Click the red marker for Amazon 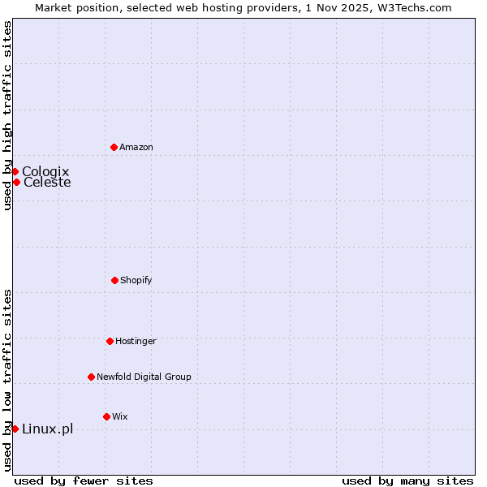(x=114, y=147)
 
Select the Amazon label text (x=136, y=147)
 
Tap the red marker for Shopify (x=114, y=280)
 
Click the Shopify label (x=136, y=280)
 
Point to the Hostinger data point (x=110, y=341)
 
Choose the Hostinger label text (x=136, y=341)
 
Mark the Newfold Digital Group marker (x=91, y=377)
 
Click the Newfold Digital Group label (x=144, y=377)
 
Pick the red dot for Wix (x=106, y=416)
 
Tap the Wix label (x=120, y=416)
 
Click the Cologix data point (x=15, y=171)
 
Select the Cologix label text (x=45, y=171)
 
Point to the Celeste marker (x=16, y=182)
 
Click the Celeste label (x=47, y=182)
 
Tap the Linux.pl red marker (x=15, y=429)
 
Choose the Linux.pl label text (x=47, y=429)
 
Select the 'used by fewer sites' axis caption (x=84, y=481)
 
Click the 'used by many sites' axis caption (x=407, y=481)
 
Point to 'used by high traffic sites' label (x=7, y=115)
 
